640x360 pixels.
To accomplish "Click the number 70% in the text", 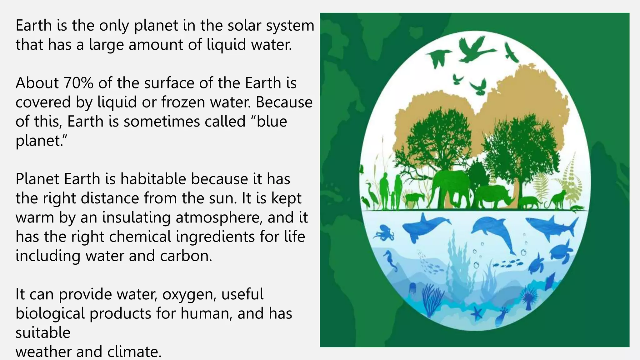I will [x=78, y=83].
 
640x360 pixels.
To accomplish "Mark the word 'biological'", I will [x=50, y=314].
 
